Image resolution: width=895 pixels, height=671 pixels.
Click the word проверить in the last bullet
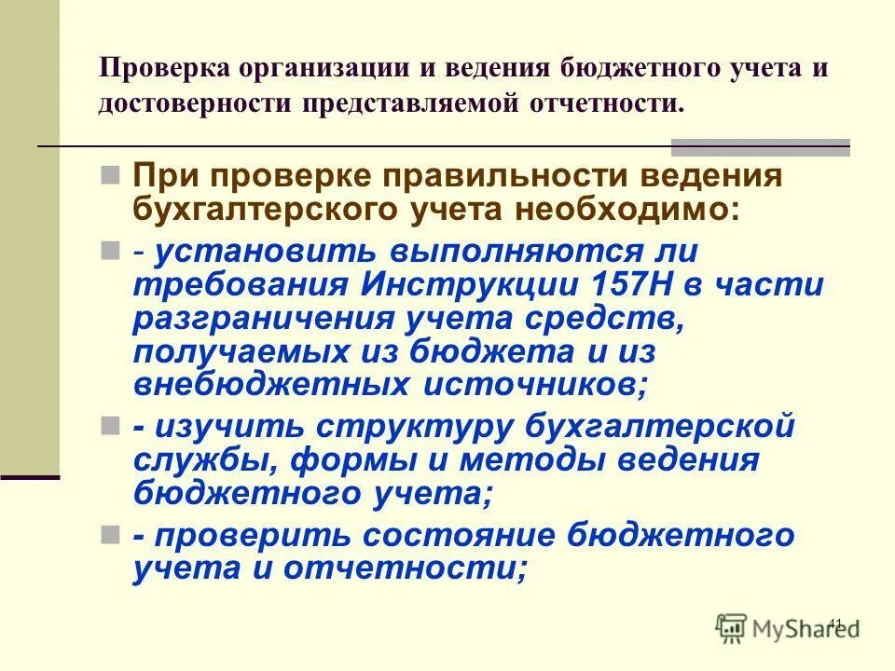click(244, 536)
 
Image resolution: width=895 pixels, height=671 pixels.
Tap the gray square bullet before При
click(109, 175)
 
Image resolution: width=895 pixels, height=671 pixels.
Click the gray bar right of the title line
click(761, 145)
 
